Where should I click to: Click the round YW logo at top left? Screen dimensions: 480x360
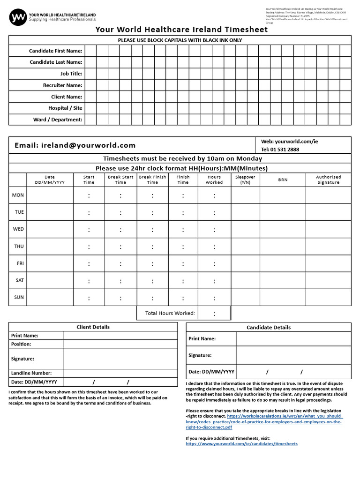[x=18, y=18]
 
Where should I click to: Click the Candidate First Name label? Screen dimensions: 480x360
[x=55, y=51]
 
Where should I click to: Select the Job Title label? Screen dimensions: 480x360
[x=71, y=74]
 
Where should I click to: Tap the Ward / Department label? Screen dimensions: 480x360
[x=58, y=120]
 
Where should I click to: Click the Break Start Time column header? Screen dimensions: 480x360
[x=120, y=180]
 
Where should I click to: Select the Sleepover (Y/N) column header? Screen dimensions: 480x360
[x=245, y=180]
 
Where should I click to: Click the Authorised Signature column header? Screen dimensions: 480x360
[x=328, y=180]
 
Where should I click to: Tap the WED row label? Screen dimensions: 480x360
[x=18, y=229]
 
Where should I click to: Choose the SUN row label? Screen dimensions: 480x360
[x=19, y=297]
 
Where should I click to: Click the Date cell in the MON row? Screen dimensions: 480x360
[x=50, y=195]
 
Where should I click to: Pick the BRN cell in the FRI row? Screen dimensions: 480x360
[x=283, y=263]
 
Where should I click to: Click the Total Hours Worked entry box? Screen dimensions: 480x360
[x=214, y=313]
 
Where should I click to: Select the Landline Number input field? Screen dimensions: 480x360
[x=120, y=373]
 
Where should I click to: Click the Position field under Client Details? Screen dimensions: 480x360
[x=120, y=344]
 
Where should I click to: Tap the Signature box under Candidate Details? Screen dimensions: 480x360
[x=293, y=355]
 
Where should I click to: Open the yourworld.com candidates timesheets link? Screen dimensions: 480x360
[x=241, y=443]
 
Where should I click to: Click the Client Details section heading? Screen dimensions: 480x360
[x=93, y=327]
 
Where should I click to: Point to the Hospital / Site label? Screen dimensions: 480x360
[x=65, y=108]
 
